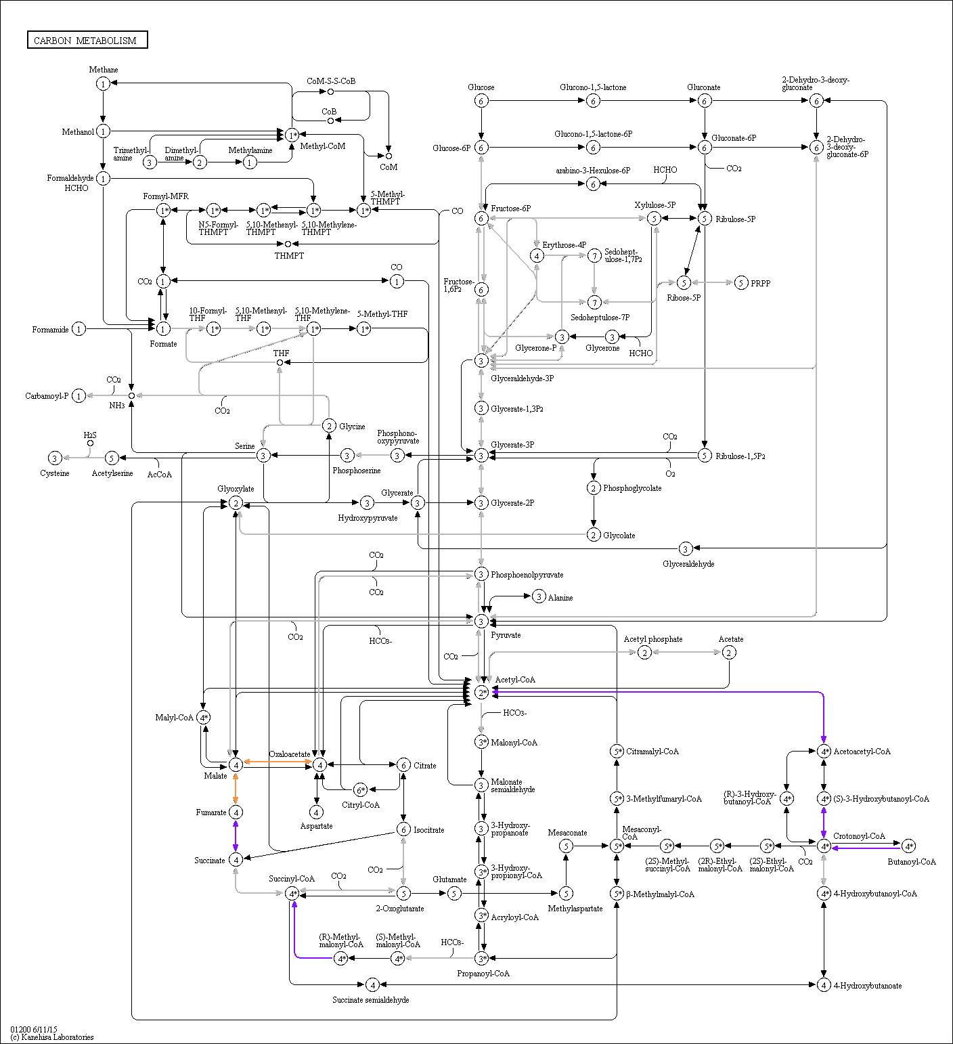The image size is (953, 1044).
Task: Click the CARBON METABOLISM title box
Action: (87, 40)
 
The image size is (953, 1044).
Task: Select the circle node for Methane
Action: (103, 83)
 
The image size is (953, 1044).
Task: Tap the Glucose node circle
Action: (481, 101)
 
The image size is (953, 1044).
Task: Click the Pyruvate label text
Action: (506, 635)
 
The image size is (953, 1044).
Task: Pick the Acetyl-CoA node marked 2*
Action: (481, 692)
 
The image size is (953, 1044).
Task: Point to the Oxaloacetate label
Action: (290, 754)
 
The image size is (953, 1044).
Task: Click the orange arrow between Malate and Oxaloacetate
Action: (278, 762)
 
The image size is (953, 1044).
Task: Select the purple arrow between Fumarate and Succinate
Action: (236, 835)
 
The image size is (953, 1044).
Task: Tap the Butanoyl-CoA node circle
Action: (909, 846)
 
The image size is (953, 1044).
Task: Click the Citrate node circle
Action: (403, 765)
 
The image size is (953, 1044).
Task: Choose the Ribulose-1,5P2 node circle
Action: (705, 456)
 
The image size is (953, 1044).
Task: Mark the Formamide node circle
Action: (79, 329)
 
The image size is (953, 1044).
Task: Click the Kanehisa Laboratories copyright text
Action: (52, 1037)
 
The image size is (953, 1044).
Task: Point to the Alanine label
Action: (560, 598)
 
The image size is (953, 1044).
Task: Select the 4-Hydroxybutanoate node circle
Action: (824, 985)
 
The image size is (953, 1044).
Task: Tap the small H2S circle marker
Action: (90, 443)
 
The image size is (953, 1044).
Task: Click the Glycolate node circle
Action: (594, 535)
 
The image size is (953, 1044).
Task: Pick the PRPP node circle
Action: (741, 283)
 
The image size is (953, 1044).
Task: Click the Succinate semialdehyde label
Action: (370, 1000)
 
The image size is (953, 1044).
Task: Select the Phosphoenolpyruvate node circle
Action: (481, 574)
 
